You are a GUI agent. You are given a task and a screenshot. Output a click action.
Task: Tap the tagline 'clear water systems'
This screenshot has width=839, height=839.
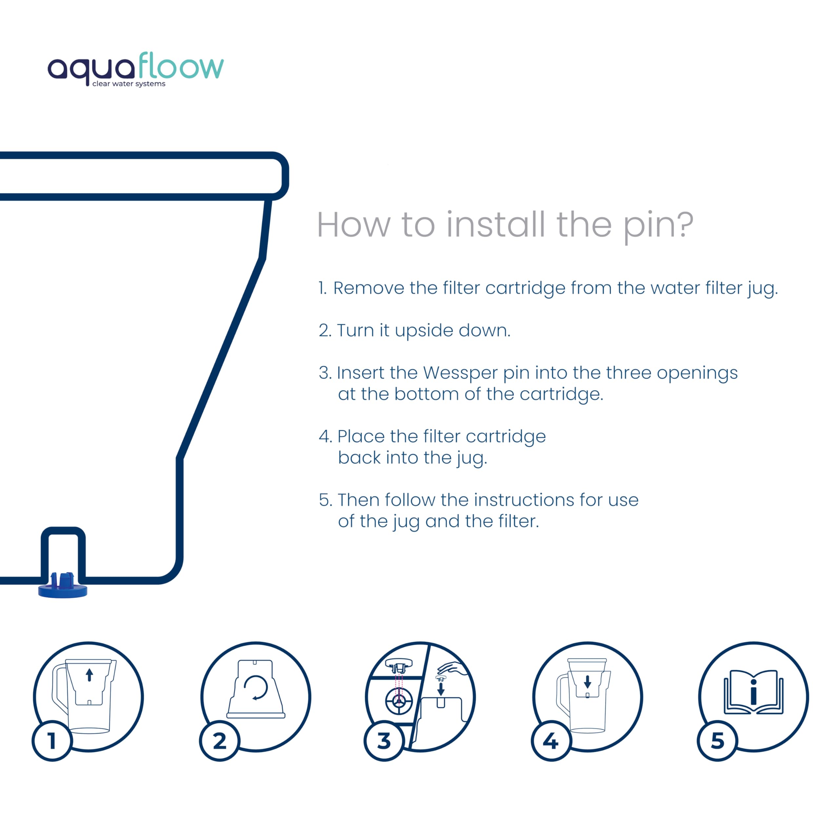tap(129, 84)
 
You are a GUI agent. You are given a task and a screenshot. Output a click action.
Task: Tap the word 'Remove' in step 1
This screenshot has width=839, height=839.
tap(369, 288)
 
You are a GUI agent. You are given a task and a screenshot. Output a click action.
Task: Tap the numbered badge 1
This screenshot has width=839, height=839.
tap(52, 741)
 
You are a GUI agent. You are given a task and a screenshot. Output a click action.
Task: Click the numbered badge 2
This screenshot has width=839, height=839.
tap(219, 741)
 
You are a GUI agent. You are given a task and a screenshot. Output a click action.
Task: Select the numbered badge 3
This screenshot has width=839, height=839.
tap(384, 741)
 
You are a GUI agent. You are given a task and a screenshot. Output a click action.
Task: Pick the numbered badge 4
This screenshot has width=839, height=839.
tap(551, 741)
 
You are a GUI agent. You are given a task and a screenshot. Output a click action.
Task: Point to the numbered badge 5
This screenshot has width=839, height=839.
tap(717, 741)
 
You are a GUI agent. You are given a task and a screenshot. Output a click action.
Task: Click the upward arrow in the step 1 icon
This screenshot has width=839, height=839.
tap(89, 675)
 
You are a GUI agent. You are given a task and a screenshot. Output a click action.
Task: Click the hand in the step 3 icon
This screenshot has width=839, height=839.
tap(453, 668)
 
